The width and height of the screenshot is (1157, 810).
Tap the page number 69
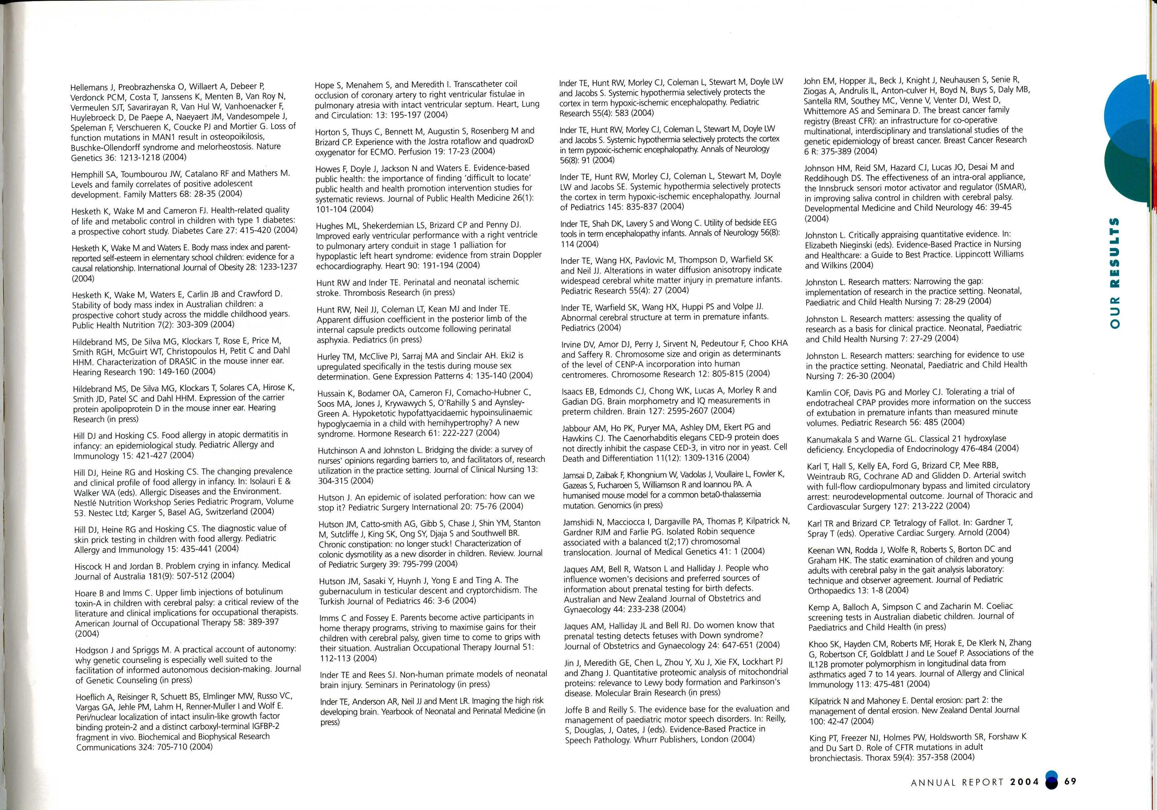[x=1071, y=781]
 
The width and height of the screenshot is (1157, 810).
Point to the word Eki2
[x=504, y=356]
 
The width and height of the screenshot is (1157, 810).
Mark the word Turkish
[x=333, y=601]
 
